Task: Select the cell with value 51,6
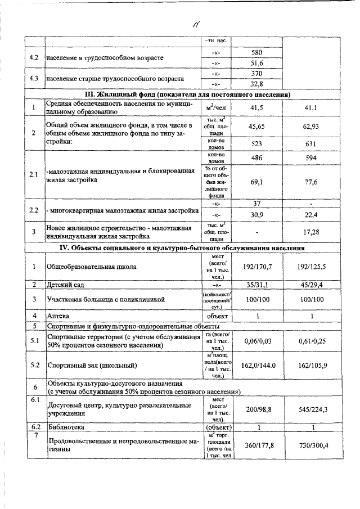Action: (256, 63)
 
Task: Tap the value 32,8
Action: (256, 84)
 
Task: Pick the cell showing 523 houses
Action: (256, 143)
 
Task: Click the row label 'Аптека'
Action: (59, 316)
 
